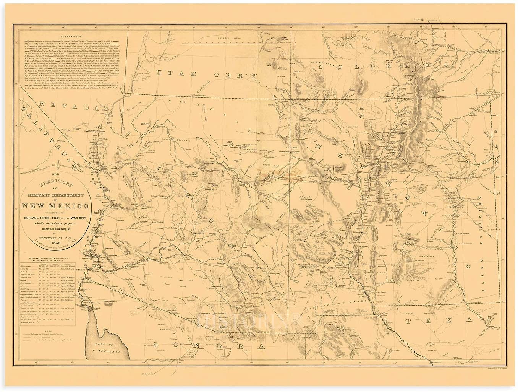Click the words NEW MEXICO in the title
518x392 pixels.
[56, 207]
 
